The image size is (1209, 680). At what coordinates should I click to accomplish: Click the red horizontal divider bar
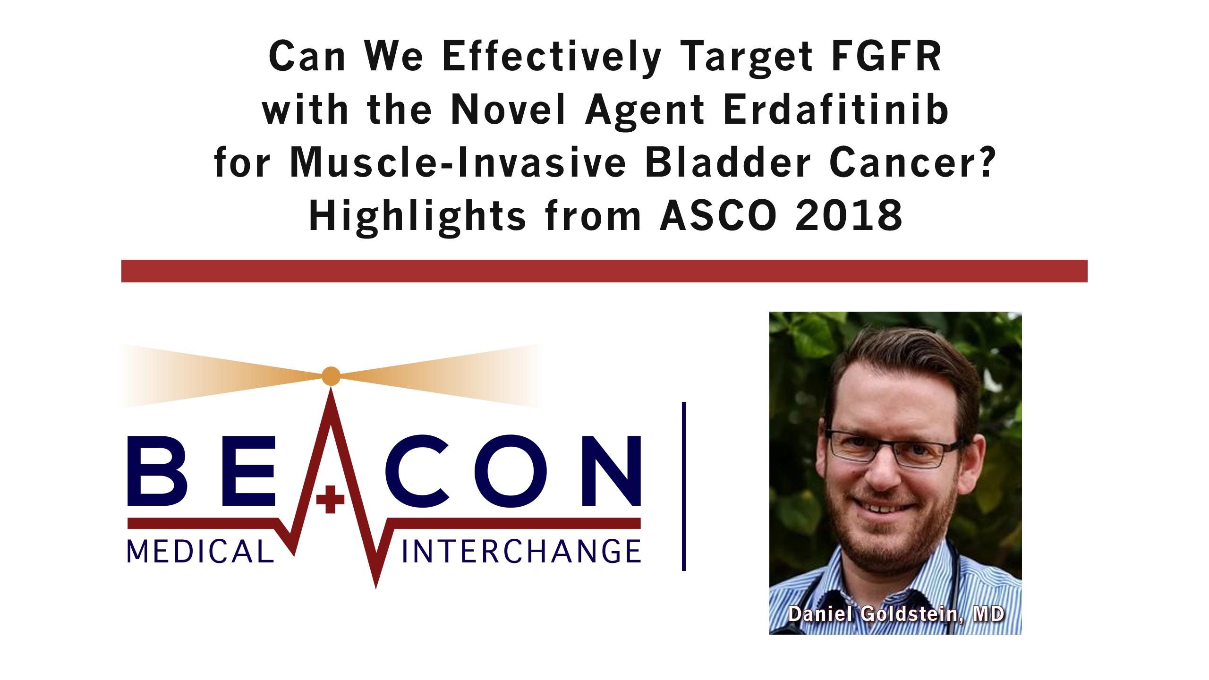pyautogui.click(x=604, y=271)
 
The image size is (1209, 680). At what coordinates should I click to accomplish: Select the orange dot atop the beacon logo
pyautogui.click(x=331, y=376)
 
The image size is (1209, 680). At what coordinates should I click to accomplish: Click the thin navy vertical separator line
pyautogui.click(x=684, y=486)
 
